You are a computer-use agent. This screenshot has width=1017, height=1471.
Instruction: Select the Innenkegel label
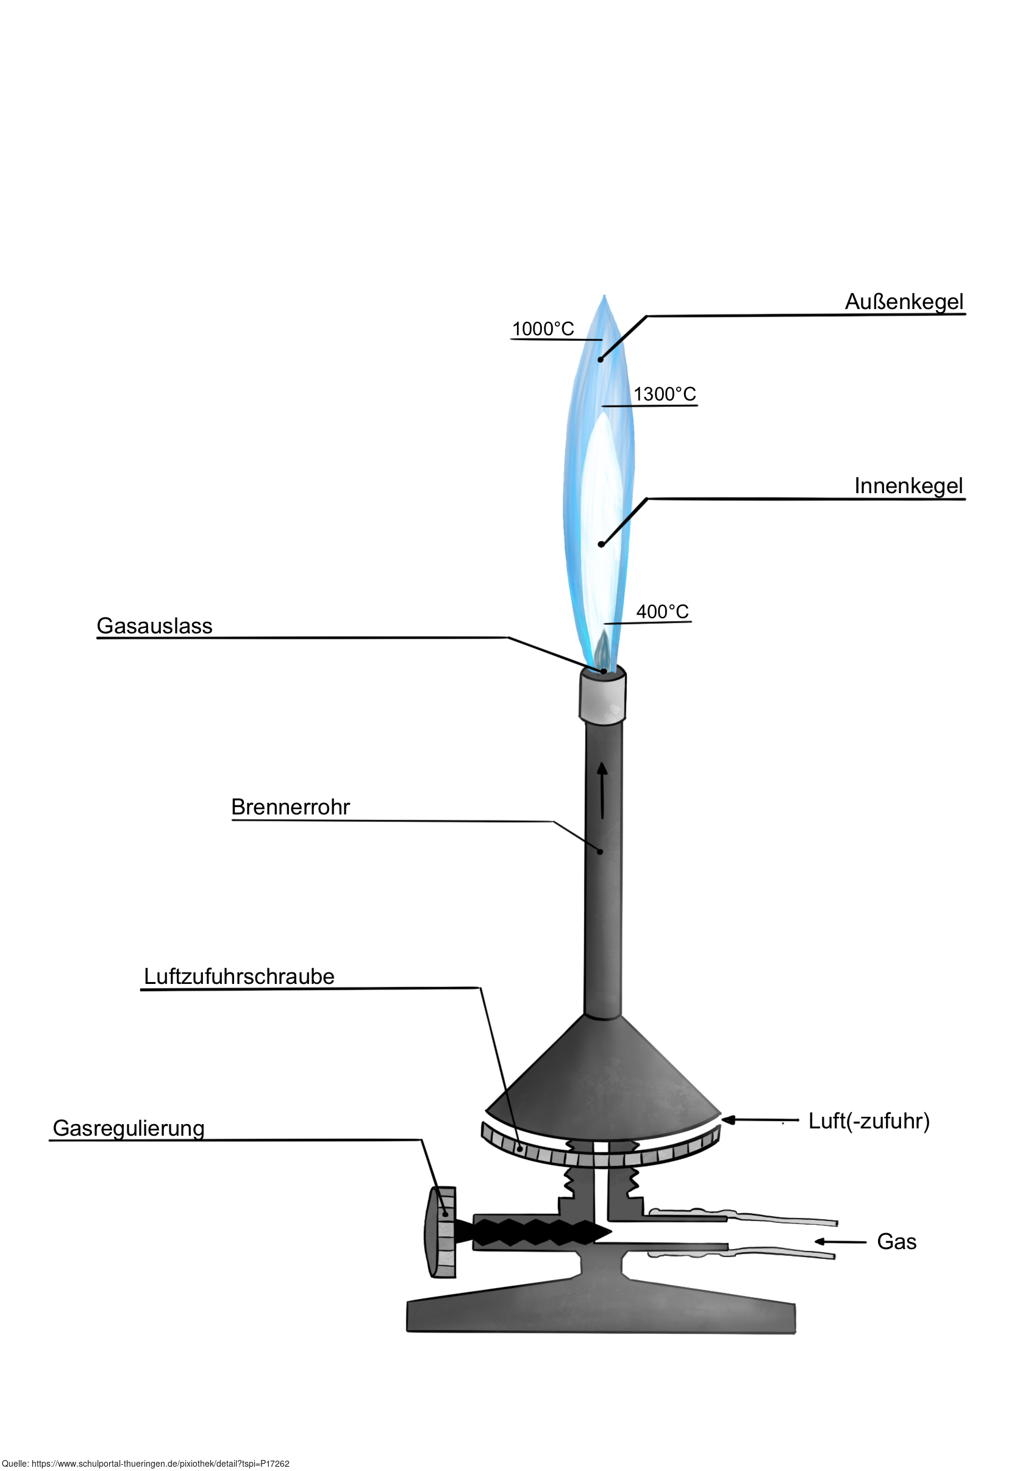pyautogui.click(x=908, y=486)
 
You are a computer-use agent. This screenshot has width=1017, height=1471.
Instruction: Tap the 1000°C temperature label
pyautogui.click(x=543, y=329)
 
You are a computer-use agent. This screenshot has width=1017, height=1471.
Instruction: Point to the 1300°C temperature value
pyautogui.click(x=665, y=394)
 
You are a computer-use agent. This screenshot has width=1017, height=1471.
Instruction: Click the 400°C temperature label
pyautogui.click(x=663, y=611)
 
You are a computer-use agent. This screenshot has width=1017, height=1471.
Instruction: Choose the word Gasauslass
pyautogui.click(x=154, y=626)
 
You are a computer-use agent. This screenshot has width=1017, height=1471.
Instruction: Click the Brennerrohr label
pyautogui.click(x=291, y=807)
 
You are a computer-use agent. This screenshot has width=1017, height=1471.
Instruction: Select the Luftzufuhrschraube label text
pyautogui.click(x=239, y=977)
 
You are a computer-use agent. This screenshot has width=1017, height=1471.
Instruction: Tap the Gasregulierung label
pyautogui.click(x=129, y=1128)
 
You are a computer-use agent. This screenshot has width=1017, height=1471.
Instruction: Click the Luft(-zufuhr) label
pyautogui.click(x=868, y=1120)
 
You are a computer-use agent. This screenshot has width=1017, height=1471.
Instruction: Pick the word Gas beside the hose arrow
pyautogui.click(x=896, y=1242)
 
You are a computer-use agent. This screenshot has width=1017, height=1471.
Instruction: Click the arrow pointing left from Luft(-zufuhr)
pyautogui.click(x=759, y=1119)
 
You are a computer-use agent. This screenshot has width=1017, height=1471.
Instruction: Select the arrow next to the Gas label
pyautogui.click(x=840, y=1241)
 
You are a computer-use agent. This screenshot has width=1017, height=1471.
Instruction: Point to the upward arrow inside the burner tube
pyautogui.click(x=602, y=790)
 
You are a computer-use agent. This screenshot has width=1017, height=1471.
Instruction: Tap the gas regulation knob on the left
pyautogui.click(x=441, y=1232)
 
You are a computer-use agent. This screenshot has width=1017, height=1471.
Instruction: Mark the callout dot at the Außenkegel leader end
pyautogui.click(x=600, y=360)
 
